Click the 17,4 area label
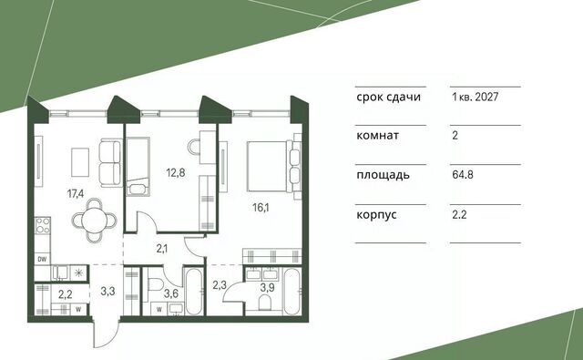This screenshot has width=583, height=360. (x=75, y=193)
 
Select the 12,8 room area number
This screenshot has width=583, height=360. (x=176, y=172)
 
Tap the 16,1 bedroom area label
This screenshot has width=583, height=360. (x=261, y=208)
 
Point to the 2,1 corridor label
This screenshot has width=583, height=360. (x=162, y=248)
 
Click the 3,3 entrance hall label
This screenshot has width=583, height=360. (x=107, y=291)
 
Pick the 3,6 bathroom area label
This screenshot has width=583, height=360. (x=171, y=293)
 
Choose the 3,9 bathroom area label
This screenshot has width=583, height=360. (x=267, y=287)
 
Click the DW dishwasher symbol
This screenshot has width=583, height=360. (x=43, y=259)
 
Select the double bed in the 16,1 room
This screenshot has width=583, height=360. (x=273, y=166)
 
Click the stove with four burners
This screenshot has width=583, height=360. (x=43, y=225)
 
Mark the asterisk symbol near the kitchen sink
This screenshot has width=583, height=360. (x=78, y=273)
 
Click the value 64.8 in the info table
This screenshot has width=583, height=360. (x=463, y=174)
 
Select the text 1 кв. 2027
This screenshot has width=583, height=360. (x=475, y=98)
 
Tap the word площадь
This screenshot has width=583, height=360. (x=383, y=175)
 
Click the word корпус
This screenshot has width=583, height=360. (x=376, y=215)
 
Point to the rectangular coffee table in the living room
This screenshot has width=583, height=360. (x=80, y=162)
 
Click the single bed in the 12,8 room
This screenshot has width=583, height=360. (x=138, y=167)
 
